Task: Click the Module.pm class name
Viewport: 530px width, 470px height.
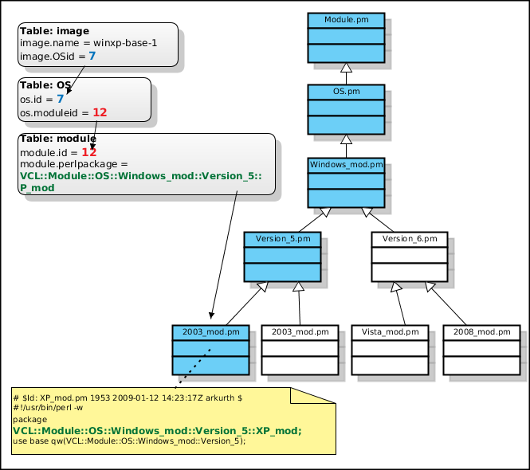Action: pos(346,20)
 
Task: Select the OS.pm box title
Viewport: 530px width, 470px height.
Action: pos(346,92)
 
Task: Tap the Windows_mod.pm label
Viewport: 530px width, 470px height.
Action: pos(346,165)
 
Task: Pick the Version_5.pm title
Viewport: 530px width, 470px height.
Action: pos(283,239)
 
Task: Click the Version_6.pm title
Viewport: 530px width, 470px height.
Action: pos(410,239)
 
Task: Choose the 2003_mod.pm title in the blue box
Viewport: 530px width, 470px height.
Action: pos(210,332)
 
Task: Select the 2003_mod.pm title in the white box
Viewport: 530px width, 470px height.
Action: pos(300,332)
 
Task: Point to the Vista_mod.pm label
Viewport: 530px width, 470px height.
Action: pos(390,332)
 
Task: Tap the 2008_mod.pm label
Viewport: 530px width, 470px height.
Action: pos(481,332)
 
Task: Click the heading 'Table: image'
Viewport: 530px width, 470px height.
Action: pos(54,31)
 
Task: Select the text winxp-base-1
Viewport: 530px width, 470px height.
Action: pos(125,43)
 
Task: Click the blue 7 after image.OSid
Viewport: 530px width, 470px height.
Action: pos(92,56)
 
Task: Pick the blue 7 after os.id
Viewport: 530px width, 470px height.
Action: pos(60,99)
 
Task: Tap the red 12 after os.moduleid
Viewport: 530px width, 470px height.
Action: pos(100,112)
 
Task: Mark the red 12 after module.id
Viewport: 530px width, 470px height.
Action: pos(89,152)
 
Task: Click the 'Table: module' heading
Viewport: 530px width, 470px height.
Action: pos(58,139)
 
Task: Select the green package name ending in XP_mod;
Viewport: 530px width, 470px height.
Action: pos(157,431)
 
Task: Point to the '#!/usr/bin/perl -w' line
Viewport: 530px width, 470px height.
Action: pos(48,408)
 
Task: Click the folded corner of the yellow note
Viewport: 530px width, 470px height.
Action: pos(312,396)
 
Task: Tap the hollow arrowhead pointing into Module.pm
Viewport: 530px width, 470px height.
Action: pos(346,68)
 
